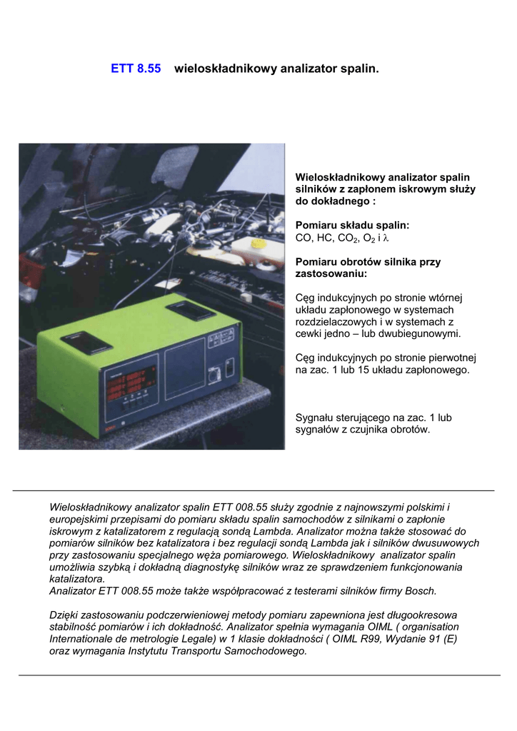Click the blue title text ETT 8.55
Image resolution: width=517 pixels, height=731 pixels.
[x=136, y=69]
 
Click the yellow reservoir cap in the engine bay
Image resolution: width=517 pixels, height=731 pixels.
[x=259, y=243]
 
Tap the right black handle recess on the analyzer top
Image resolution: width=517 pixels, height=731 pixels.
[x=190, y=311]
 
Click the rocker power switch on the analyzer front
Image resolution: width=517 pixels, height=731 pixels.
[x=229, y=370]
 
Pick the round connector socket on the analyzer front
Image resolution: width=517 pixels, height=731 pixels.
[x=212, y=374]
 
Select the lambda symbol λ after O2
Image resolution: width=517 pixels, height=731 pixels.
[x=386, y=238]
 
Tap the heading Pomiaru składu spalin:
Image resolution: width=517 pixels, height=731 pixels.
[x=353, y=225]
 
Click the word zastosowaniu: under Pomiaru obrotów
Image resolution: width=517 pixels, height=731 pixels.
[x=331, y=273]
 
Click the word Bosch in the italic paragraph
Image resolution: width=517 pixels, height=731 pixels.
[x=420, y=591]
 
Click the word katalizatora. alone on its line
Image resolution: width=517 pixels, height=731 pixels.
[x=77, y=579]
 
